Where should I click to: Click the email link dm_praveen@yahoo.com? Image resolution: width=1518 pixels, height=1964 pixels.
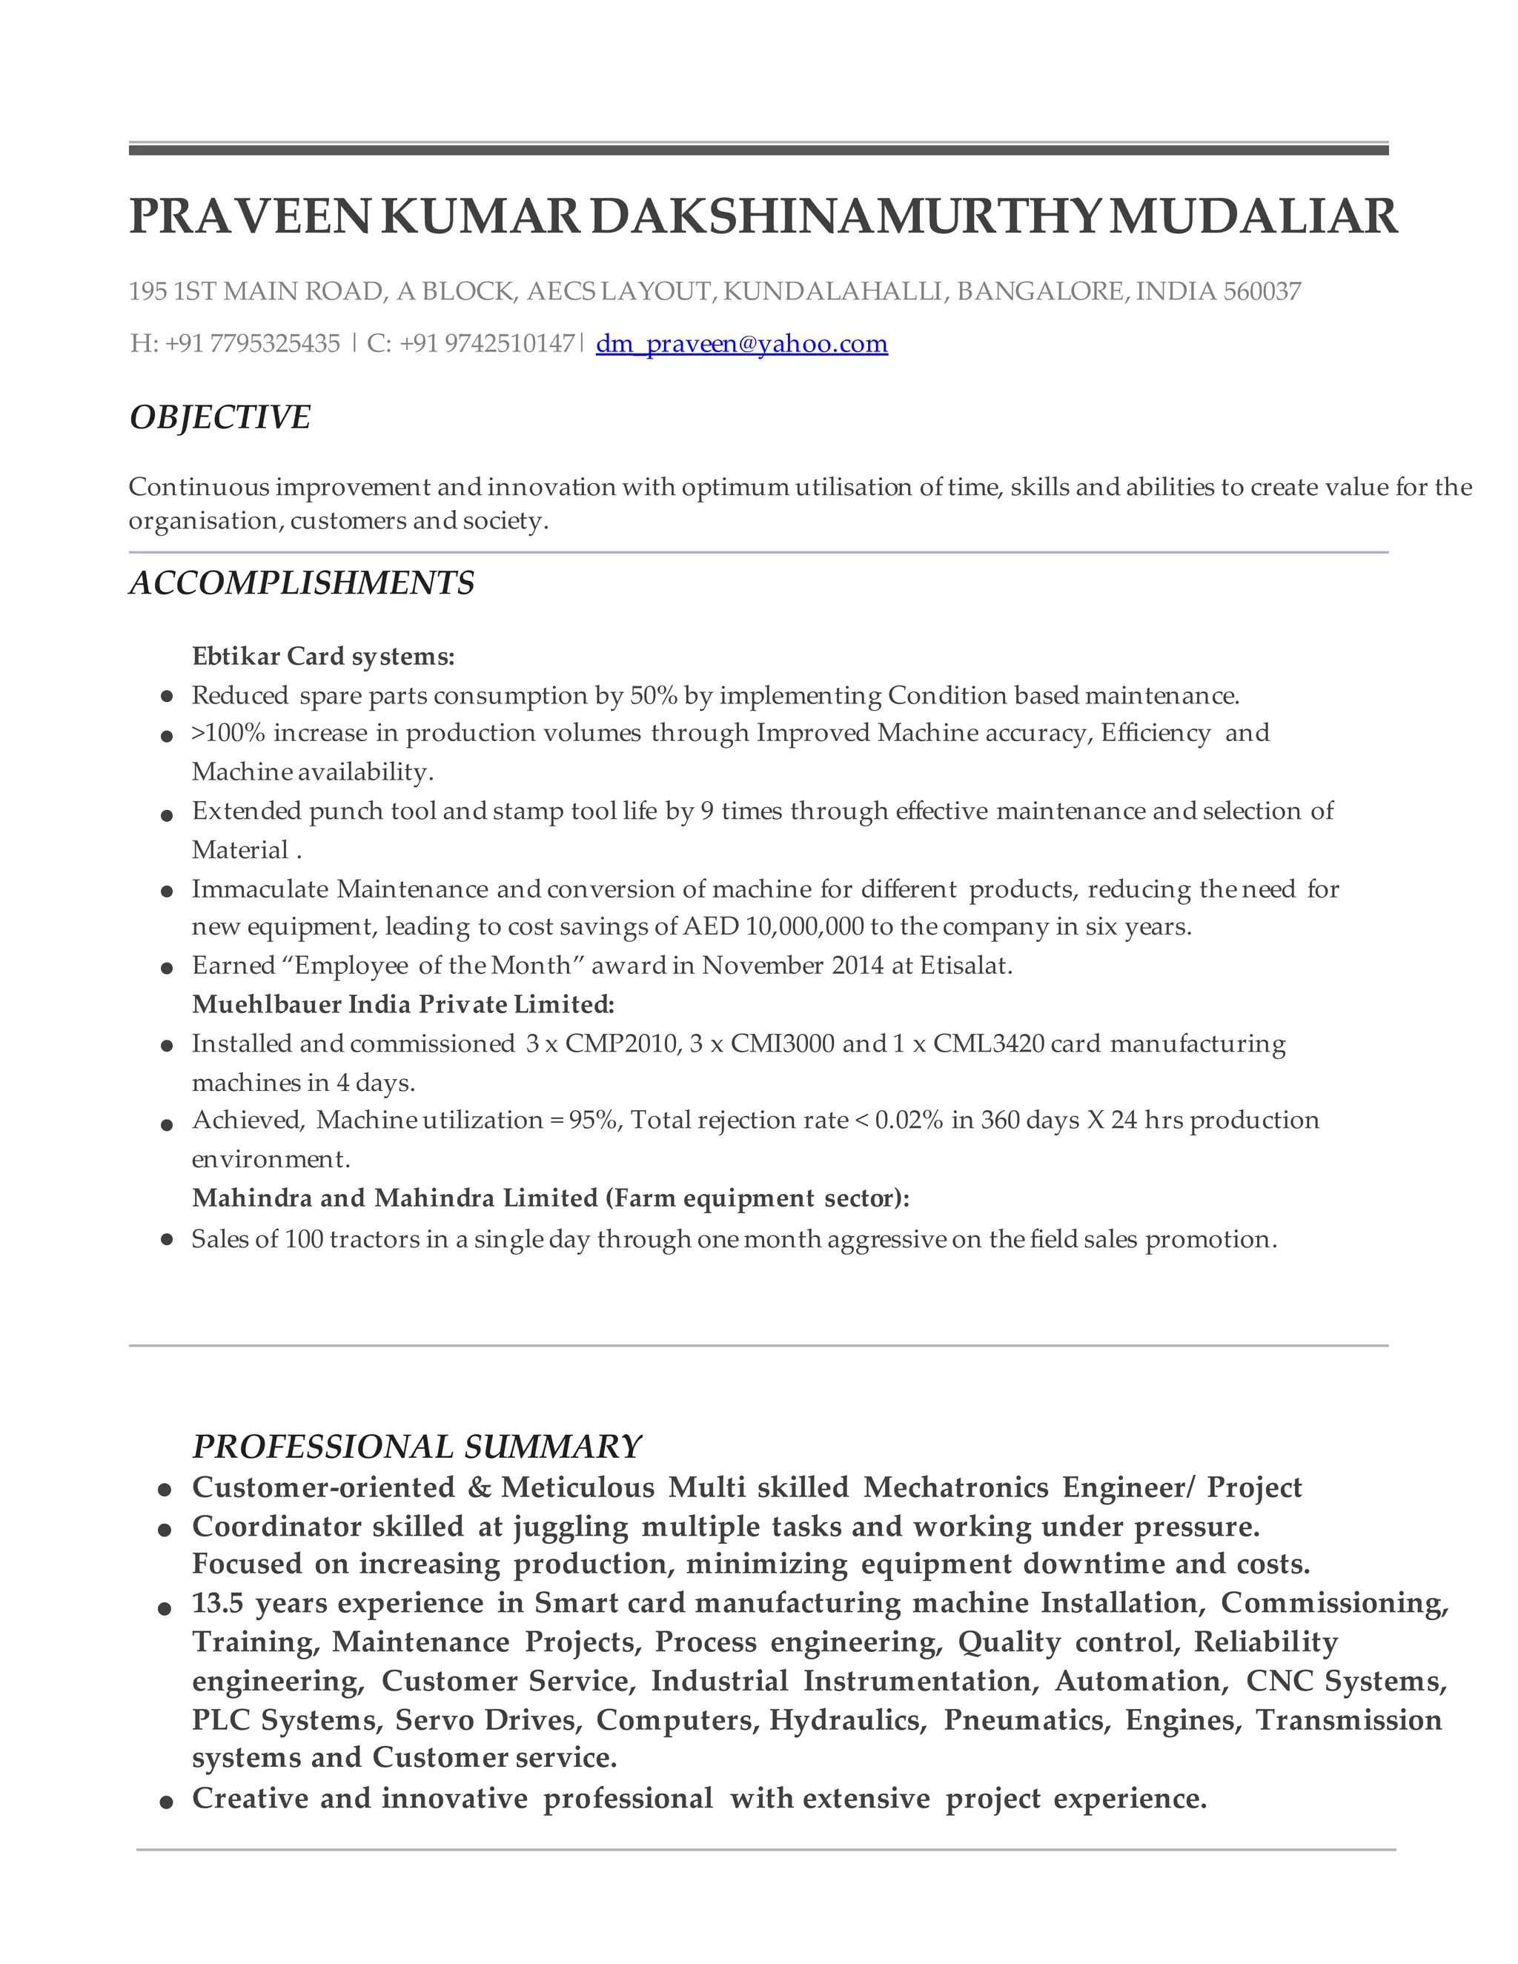[741, 344]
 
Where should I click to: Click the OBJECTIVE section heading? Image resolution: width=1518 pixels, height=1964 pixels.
[219, 417]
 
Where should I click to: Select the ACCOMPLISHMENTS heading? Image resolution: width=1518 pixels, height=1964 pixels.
[301, 583]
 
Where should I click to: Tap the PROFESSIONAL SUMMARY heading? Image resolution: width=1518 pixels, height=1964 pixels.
[417, 1446]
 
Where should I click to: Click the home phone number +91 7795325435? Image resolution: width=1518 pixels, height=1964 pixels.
[253, 344]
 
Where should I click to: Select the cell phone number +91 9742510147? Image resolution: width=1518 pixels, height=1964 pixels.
[486, 344]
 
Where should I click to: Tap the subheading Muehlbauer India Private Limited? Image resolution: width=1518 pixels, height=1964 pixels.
[403, 1004]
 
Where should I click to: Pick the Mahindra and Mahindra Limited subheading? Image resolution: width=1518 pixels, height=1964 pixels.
[551, 1198]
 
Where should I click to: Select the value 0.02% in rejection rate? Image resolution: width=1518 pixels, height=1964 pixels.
[908, 1121]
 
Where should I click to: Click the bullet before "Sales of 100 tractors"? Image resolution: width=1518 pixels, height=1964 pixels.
[166, 1239]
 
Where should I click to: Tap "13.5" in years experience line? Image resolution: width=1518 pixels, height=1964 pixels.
[216, 1602]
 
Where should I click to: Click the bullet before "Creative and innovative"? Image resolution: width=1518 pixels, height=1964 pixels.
[165, 1800]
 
